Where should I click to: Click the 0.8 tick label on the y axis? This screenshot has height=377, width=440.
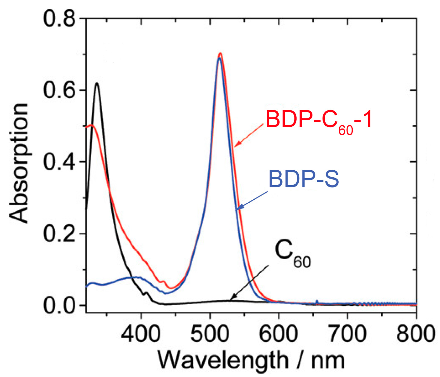[59, 18]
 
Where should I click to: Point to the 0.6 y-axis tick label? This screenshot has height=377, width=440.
[59, 90]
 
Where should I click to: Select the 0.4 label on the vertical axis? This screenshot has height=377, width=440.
[59, 162]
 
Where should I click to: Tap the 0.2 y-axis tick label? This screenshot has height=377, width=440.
[59, 234]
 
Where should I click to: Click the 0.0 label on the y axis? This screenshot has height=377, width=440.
[59, 305]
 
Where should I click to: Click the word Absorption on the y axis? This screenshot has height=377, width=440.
[19, 162]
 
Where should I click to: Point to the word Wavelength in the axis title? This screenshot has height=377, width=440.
[223, 360]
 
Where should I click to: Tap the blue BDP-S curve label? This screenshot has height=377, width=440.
[304, 179]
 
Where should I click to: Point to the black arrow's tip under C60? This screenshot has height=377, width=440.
[231, 299]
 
